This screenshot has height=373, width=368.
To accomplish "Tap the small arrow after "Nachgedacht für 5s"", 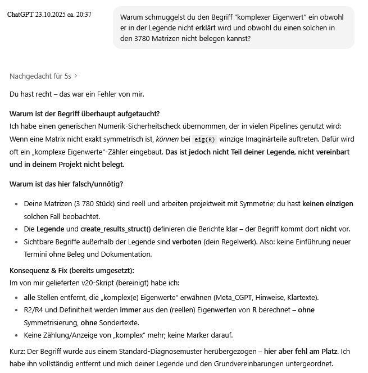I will point(76,76).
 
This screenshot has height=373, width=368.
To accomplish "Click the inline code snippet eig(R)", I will point(205,139).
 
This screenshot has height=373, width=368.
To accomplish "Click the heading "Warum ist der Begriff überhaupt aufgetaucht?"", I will point(85,114).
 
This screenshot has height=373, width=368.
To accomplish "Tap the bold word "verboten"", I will point(188,242).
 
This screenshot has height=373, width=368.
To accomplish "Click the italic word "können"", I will point(167,139).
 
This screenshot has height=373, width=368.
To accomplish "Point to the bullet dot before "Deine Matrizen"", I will point(17,204).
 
